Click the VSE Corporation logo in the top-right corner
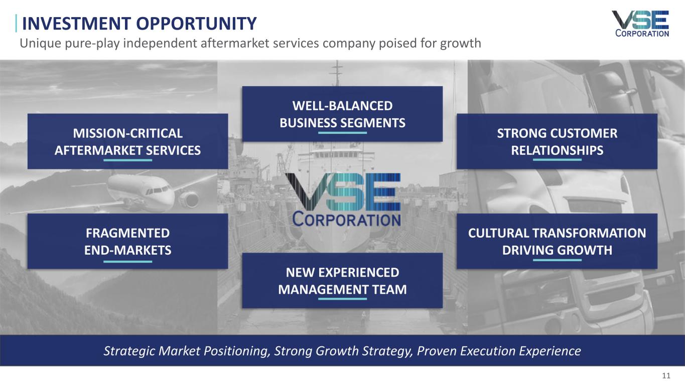click(640, 24)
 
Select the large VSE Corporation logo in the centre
click(342, 200)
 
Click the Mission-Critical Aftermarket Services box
click(128, 141)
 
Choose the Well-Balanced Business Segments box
click(342, 114)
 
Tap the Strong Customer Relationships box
click(557, 141)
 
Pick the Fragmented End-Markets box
click(128, 241)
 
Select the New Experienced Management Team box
click(342, 281)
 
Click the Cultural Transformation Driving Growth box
click(557, 241)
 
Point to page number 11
click(666, 375)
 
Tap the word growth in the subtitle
click(461, 44)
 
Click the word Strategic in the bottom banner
click(129, 351)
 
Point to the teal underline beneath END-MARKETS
click(128, 262)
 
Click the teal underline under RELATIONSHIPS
click(557, 159)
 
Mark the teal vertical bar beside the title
click(16, 23)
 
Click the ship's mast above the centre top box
click(337, 73)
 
